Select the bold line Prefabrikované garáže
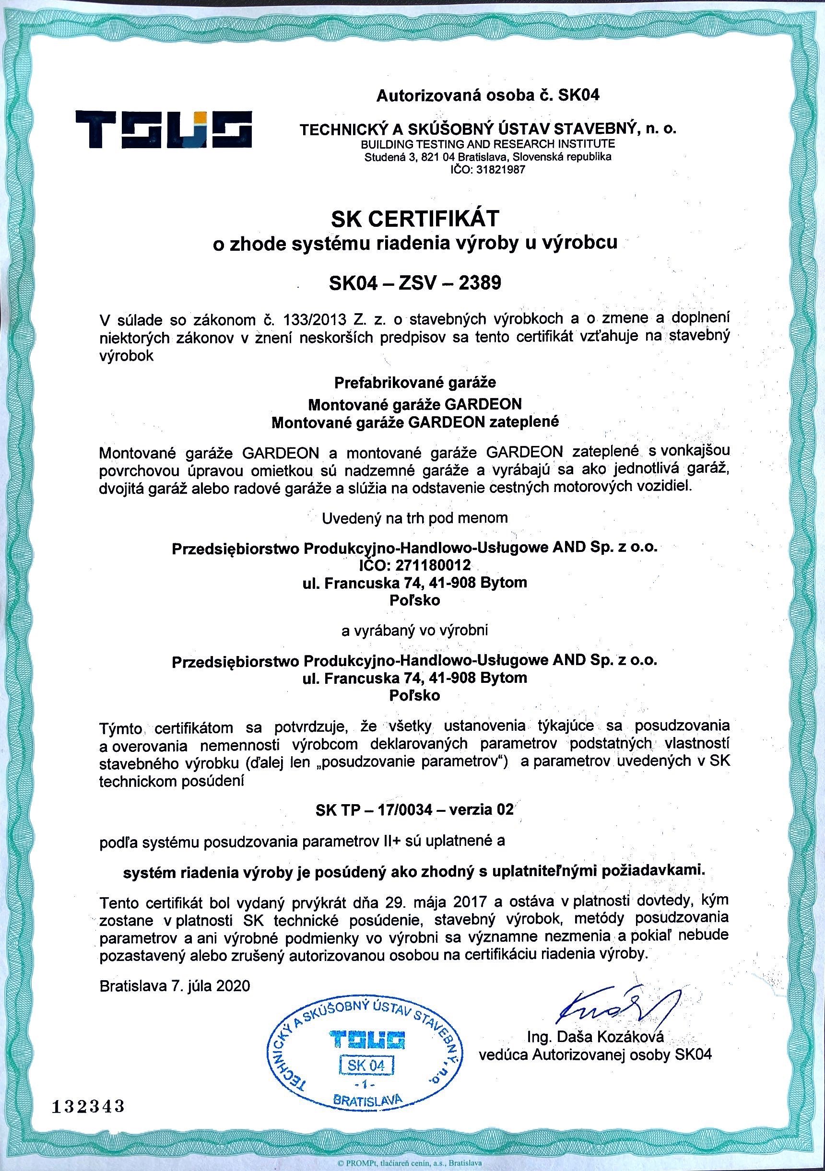[x=414, y=382]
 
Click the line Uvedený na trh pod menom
[x=415, y=518]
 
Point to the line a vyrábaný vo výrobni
[x=415, y=631]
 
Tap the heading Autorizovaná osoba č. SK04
[x=487, y=95]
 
